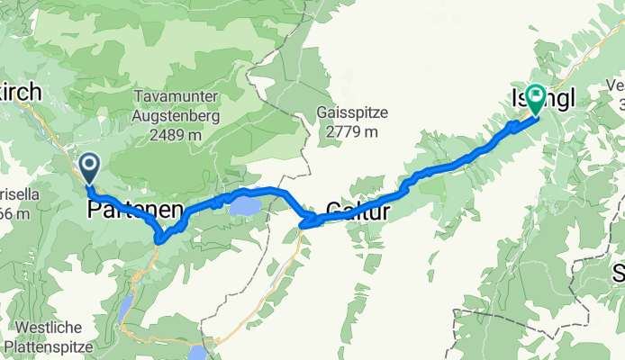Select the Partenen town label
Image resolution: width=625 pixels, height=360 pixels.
(135, 211)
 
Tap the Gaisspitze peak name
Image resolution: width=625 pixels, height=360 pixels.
(352, 113)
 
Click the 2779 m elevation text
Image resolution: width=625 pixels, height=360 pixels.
(352, 131)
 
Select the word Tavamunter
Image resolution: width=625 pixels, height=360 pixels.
(168, 97)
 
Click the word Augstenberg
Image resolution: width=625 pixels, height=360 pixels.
(168, 116)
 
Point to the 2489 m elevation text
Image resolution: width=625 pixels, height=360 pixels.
(168, 135)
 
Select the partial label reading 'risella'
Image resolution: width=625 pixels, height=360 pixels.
(14, 194)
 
